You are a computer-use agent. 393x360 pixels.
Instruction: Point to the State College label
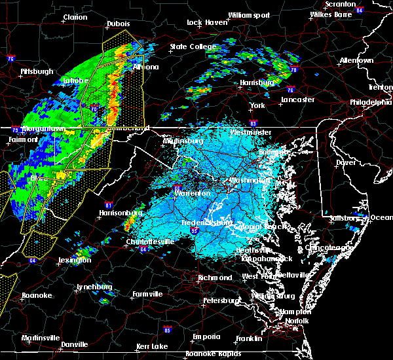click(x=193, y=46)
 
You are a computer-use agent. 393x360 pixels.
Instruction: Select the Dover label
click(x=345, y=162)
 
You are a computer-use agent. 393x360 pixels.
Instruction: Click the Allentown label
click(x=356, y=60)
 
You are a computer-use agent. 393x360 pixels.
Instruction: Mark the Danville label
click(x=75, y=344)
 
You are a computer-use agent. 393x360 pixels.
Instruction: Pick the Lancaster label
click(x=298, y=100)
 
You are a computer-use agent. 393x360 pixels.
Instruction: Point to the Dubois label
click(x=119, y=24)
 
